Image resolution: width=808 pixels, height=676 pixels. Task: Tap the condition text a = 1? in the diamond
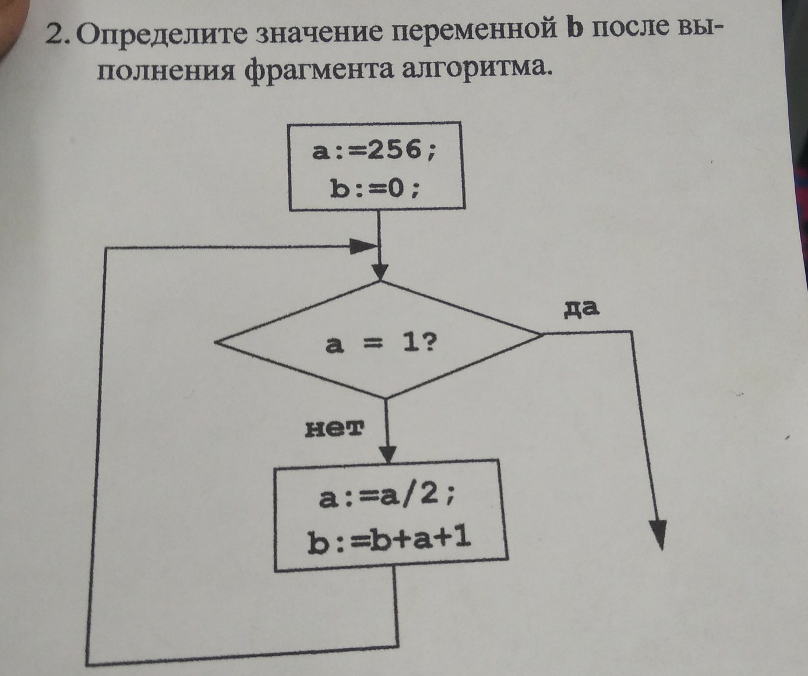[380, 345]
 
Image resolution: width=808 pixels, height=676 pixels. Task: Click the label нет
[334, 429]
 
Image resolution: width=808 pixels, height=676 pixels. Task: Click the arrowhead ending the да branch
[658, 533]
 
